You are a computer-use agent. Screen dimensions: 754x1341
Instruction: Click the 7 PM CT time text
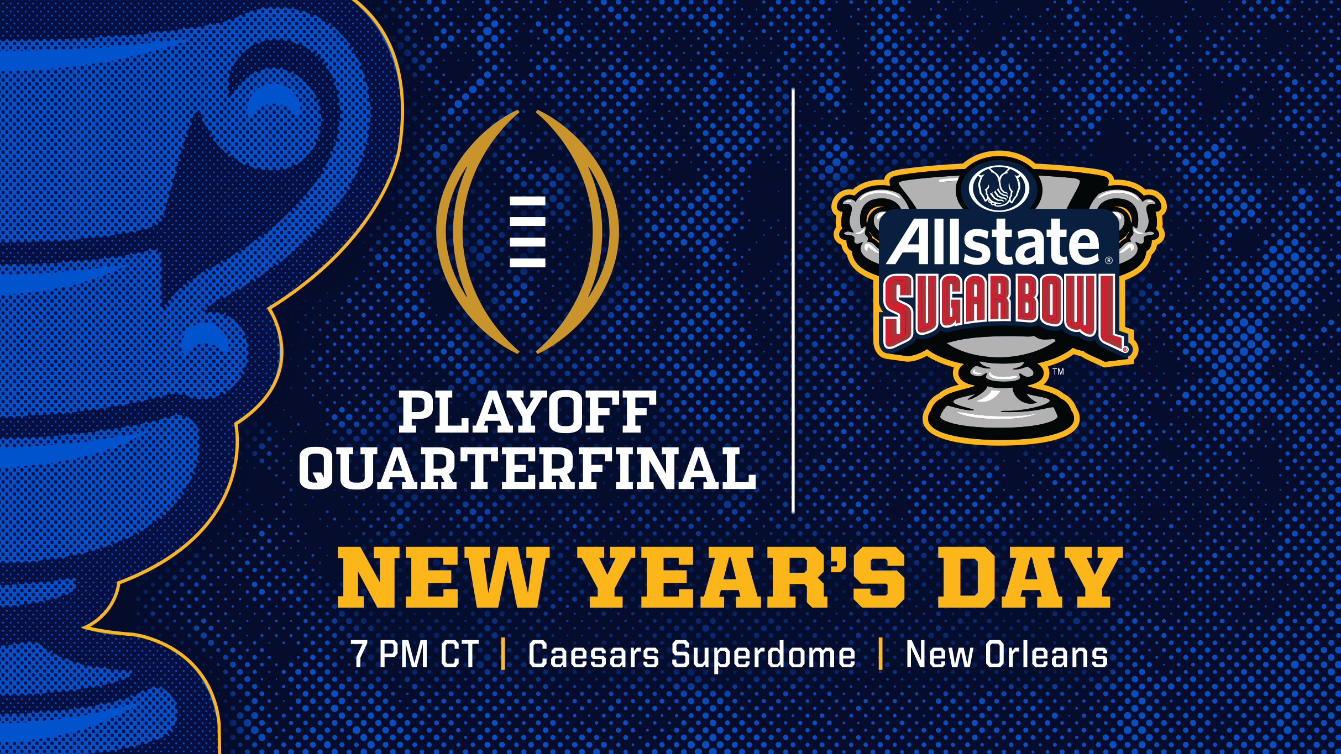415,655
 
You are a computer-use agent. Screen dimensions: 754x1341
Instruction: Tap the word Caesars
594,655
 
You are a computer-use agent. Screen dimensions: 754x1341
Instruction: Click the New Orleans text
1007,655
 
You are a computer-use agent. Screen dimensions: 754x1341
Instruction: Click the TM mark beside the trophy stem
1058,371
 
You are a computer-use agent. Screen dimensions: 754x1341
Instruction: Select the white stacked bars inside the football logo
527,232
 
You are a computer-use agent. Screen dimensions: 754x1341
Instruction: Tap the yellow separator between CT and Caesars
503,654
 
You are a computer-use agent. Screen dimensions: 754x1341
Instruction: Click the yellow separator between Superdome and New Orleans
881,654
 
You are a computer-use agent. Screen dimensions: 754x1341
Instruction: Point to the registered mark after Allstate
1108,260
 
